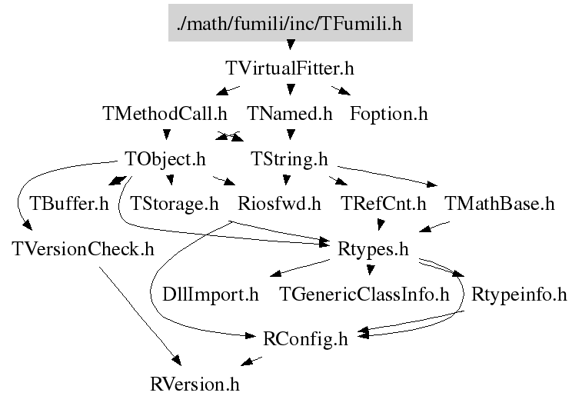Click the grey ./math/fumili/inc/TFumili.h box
[x=290, y=24]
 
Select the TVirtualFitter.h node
[x=290, y=68]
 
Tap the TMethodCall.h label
[x=165, y=114]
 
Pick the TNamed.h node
[x=289, y=114]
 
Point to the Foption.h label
[x=388, y=114]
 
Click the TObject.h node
[x=165, y=159]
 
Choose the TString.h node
[x=289, y=159]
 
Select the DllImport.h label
[x=211, y=294]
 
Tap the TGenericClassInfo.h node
[x=364, y=294]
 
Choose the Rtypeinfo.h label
[x=518, y=294]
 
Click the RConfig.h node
[x=305, y=338]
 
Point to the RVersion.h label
[x=199, y=382]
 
